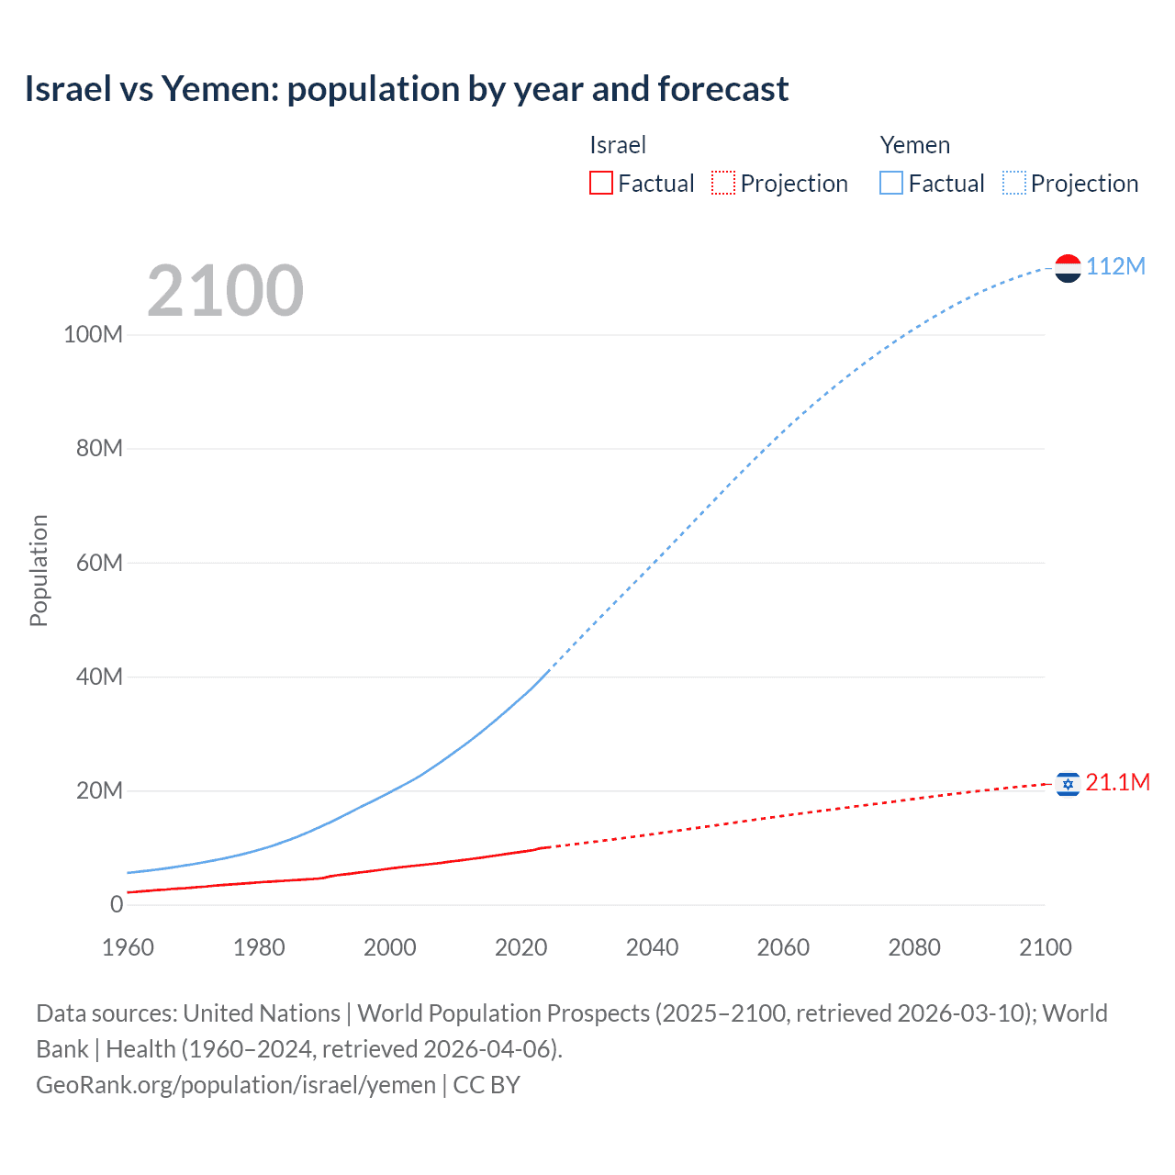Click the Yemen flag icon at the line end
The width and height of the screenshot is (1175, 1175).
tap(1068, 268)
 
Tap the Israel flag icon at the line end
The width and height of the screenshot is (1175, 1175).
tap(1068, 784)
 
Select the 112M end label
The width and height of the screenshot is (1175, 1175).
tap(1115, 266)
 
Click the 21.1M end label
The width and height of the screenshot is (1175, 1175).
tap(1117, 782)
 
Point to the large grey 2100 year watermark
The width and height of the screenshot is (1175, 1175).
tap(225, 291)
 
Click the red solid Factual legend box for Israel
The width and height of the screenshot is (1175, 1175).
tap(600, 183)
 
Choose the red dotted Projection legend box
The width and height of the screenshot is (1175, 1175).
tap(723, 183)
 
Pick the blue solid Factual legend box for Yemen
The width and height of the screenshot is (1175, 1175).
tap(890, 183)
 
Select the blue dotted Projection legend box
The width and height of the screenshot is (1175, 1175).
tap(1014, 183)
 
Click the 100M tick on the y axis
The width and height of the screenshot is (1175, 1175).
tap(93, 334)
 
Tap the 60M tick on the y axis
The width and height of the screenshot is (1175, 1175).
tap(99, 563)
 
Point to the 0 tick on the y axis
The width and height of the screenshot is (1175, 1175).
tap(117, 905)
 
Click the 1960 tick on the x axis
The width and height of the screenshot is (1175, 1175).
tap(128, 947)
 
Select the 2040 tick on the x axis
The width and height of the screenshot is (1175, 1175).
tap(652, 947)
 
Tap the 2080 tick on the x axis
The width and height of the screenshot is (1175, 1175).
tap(914, 947)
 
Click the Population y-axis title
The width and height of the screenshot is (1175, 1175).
tap(39, 570)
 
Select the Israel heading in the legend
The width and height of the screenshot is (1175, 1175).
tap(618, 145)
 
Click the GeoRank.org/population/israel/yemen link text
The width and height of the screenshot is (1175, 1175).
tap(236, 1085)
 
